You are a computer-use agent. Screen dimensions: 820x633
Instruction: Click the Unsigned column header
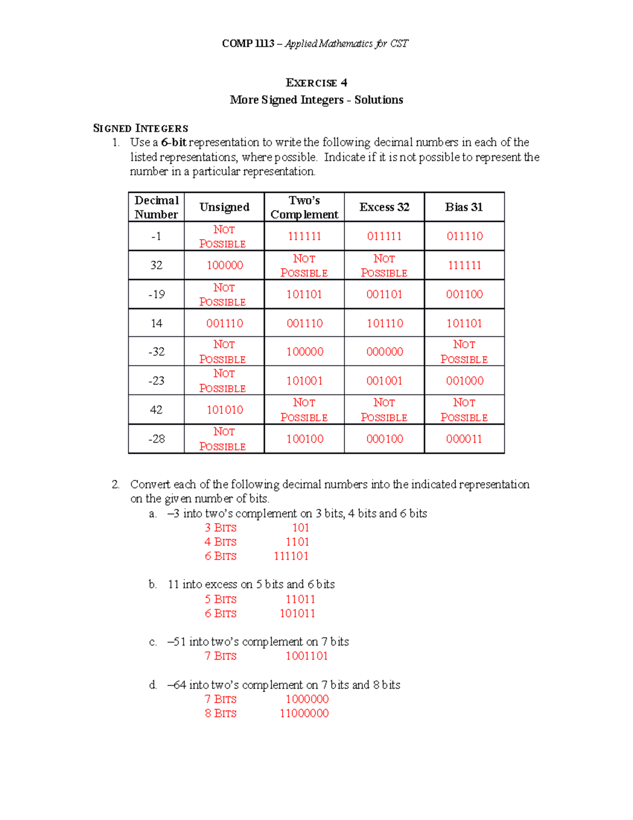coord(224,207)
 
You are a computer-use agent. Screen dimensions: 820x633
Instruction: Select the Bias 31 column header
coord(464,207)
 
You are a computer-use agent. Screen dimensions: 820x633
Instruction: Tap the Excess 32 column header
coord(384,207)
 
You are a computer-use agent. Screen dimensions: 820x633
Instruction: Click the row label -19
coord(156,294)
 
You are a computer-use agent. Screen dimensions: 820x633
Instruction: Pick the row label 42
coord(156,410)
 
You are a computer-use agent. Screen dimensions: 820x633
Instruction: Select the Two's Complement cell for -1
coord(304,236)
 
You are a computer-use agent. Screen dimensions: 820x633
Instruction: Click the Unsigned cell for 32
coord(225,265)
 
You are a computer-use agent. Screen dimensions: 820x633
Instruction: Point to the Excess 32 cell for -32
coord(385,352)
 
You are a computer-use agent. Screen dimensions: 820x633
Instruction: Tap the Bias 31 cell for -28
coord(464,439)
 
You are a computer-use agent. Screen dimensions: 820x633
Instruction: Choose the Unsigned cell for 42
coord(225,410)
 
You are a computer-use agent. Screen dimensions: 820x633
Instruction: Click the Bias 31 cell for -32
coord(464,352)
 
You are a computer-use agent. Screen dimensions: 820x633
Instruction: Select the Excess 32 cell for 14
coord(385,323)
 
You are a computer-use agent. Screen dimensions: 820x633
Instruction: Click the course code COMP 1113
coord(248,44)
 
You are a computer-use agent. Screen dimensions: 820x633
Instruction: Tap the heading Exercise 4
coord(316,83)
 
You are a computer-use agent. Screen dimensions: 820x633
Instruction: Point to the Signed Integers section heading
coord(140,128)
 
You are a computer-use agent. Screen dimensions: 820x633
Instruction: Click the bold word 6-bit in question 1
coord(174,143)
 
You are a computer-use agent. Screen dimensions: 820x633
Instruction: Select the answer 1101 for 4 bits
coord(298,542)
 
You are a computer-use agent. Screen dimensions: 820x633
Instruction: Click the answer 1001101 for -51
coord(306,656)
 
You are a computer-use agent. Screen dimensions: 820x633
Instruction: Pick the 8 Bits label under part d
coord(220,713)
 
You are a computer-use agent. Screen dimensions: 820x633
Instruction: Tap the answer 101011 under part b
coord(298,614)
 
